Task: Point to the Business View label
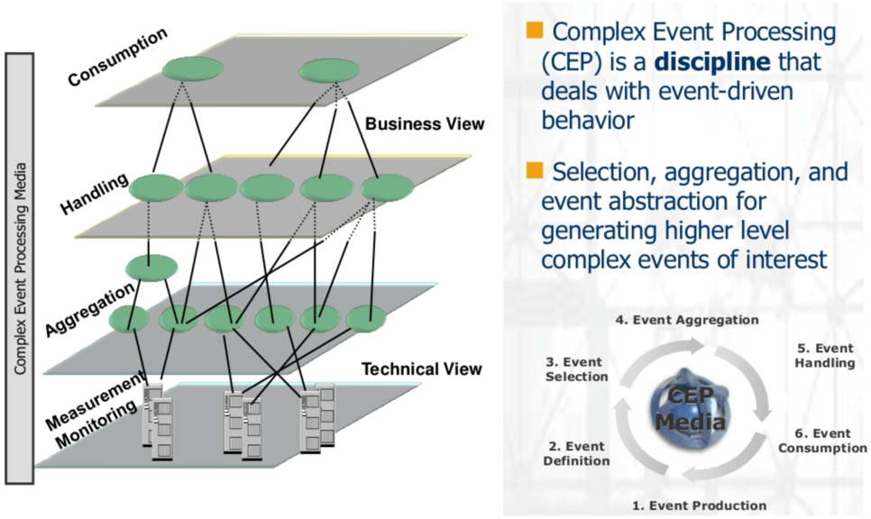[x=425, y=123]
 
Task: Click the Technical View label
[x=421, y=369]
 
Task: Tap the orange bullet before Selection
[x=535, y=171]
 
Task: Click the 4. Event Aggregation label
[x=686, y=319]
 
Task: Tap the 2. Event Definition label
[x=576, y=453]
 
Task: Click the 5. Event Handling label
[x=824, y=356]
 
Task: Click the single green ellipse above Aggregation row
[x=152, y=267]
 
